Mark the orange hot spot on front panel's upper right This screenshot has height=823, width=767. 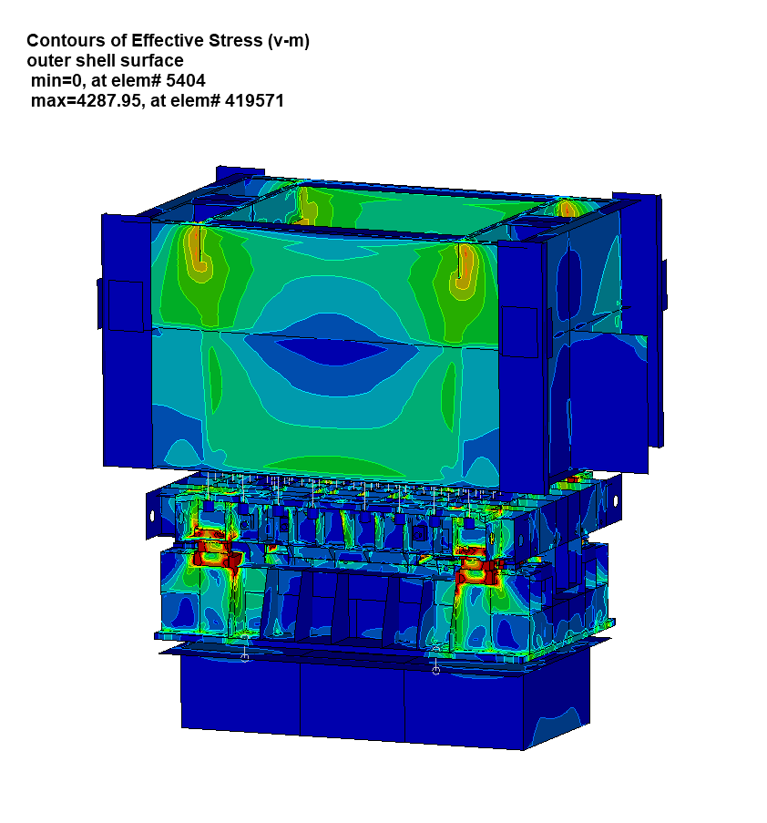click(465, 266)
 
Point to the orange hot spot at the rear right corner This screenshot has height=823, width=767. click(568, 210)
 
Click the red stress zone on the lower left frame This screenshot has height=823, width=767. click(211, 547)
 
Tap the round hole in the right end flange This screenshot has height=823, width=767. click(614, 500)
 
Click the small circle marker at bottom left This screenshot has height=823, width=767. click(244, 656)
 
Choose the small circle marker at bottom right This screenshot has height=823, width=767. click(435, 671)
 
